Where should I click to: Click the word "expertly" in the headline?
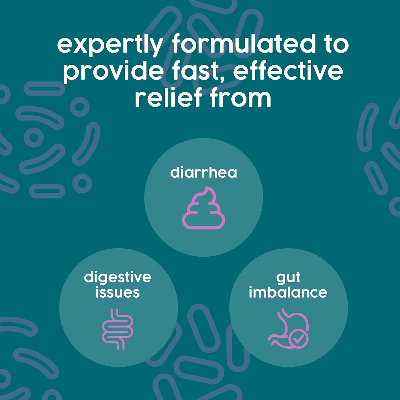pyautogui.click(x=110, y=44)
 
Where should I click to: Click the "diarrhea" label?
pyautogui.click(x=203, y=173)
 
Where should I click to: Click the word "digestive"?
pyautogui.click(x=118, y=277)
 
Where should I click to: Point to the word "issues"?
pyautogui.click(x=118, y=293)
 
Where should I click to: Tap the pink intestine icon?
pyautogui.click(x=118, y=329)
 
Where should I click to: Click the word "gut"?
pyautogui.click(x=288, y=277)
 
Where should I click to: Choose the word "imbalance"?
pyautogui.click(x=288, y=293)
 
